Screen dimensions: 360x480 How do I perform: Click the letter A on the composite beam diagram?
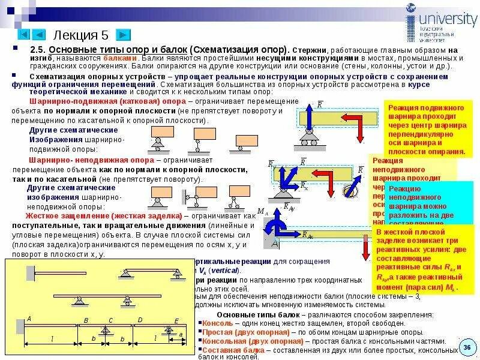[x=29, y=318]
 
